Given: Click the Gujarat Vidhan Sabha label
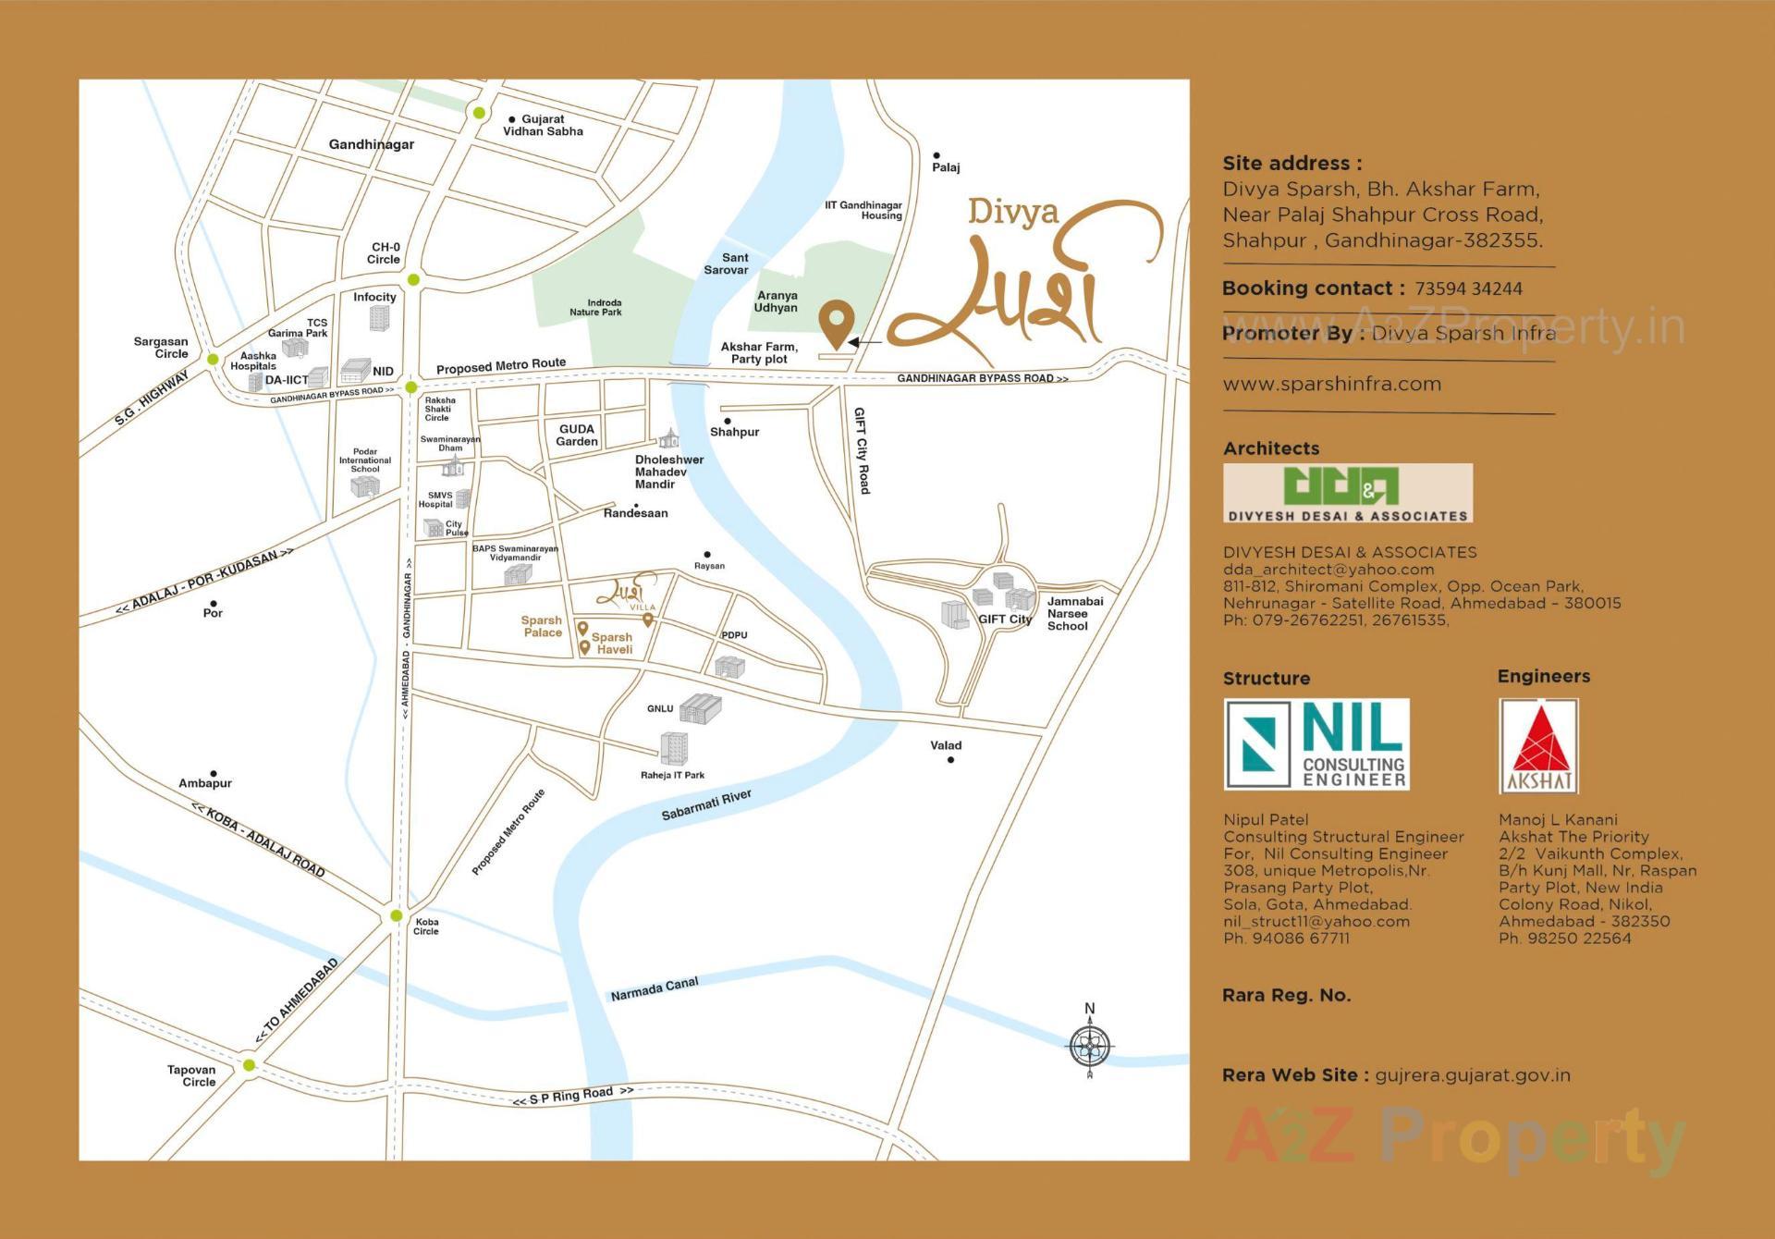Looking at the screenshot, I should tap(543, 126).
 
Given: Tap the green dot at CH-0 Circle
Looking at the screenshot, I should tap(413, 279).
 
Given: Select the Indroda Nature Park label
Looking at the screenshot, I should tap(595, 308).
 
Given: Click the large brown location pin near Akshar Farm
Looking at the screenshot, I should tap(837, 323).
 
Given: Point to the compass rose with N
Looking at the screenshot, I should tap(1090, 1046).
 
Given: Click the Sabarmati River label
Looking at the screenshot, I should tap(706, 804).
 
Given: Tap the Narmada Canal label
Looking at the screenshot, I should tap(654, 989).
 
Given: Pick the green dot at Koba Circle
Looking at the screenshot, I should tap(397, 915).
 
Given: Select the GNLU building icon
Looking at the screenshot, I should tap(700, 709).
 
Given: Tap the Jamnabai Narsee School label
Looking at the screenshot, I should tap(1074, 614).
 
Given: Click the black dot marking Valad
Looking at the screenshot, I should tap(950, 760).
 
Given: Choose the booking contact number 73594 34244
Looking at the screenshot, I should tap(1468, 288).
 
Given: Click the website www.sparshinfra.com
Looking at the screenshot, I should tap(1331, 384).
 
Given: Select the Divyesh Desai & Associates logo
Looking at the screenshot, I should tap(1347, 493).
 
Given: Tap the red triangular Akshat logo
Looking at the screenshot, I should tap(1538, 745).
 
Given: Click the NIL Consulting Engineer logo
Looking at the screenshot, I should tap(1316, 744).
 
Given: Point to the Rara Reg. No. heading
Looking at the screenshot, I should tap(1286, 996).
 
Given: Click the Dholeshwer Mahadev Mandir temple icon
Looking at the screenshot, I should tap(668, 438).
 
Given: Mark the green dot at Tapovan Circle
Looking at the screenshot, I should tap(249, 1065).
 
